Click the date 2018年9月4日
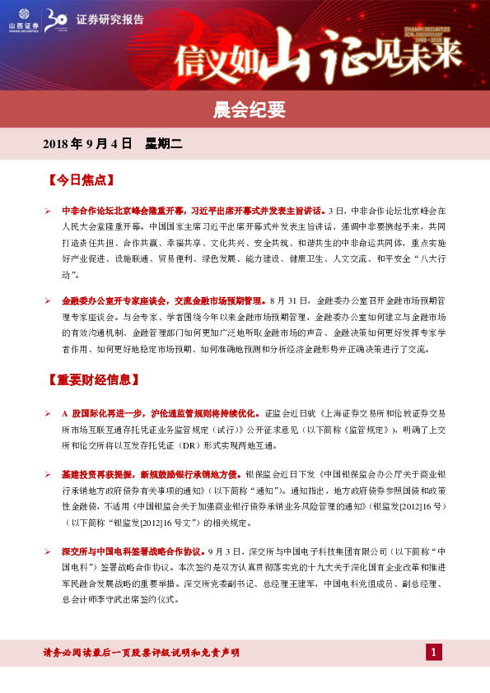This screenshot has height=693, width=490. (87, 144)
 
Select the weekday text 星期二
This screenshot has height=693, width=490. (163, 144)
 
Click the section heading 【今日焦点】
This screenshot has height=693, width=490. (81, 179)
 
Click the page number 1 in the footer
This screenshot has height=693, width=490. (434, 653)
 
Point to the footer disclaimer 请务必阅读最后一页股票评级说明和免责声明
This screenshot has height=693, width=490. (141, 653)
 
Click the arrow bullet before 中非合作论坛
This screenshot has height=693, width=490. (49, 211)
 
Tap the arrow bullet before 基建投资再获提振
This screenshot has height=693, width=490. (49, 474)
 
